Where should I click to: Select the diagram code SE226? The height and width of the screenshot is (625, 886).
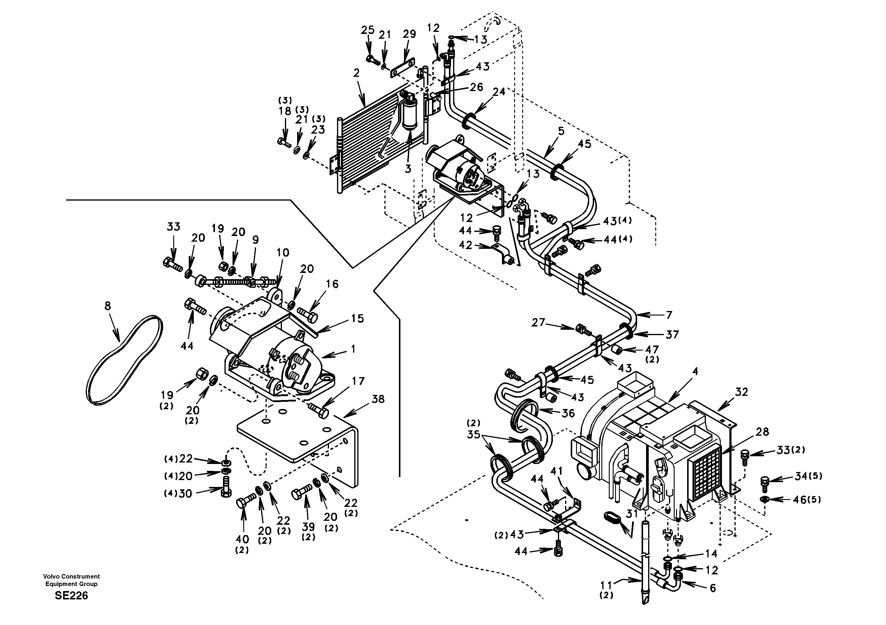(71, 596)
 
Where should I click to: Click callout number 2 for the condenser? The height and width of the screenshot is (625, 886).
(356, 73)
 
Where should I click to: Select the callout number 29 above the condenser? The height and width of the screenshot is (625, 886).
(409, 34)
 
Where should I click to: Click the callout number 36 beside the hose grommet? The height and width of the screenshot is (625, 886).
(568, 413)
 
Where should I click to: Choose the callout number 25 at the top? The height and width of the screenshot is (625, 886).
(368, 30)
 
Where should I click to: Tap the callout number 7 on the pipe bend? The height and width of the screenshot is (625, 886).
(669, 314)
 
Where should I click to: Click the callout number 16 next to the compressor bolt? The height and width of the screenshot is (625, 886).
(332, 284)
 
